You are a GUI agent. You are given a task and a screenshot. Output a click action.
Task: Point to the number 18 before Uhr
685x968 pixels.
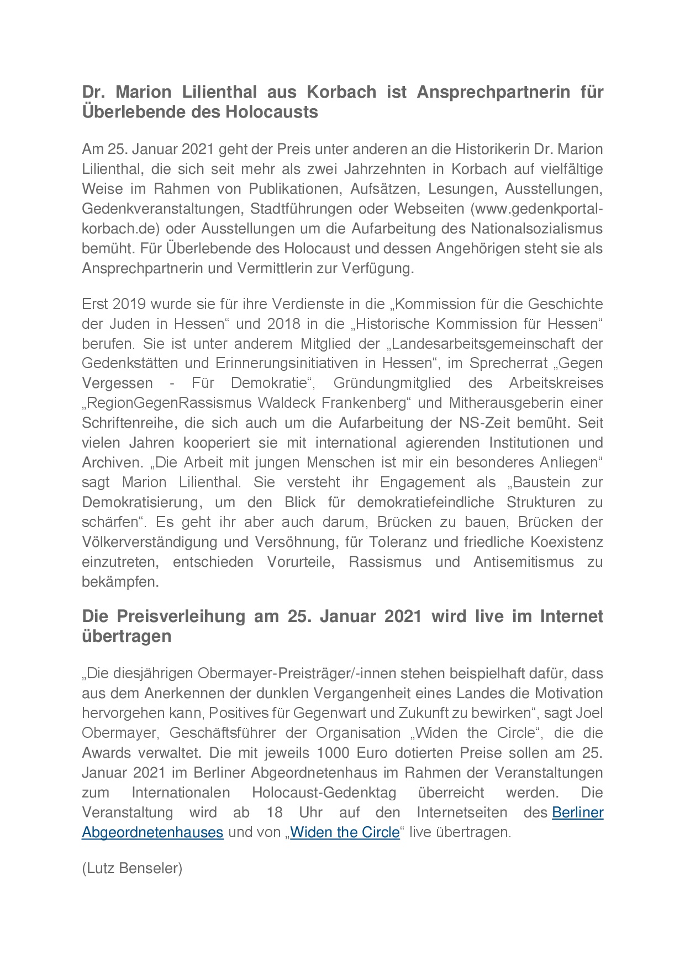tap(275, 813)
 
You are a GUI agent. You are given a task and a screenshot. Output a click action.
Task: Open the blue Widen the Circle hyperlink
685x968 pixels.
tap(345, 833)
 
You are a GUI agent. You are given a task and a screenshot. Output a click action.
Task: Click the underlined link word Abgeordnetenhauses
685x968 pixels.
tap(152, 833)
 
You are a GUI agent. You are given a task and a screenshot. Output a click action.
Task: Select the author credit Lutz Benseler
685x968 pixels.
tap(132, 869)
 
